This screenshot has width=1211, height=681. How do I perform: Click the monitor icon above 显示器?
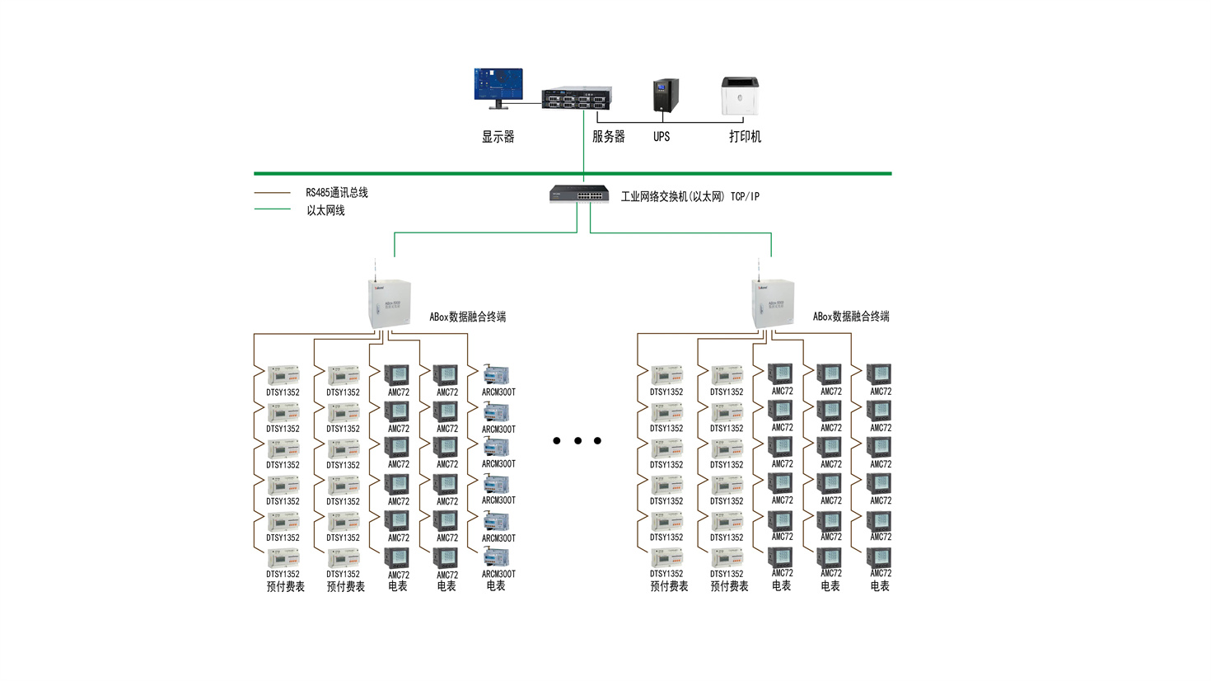[x=498, y=86]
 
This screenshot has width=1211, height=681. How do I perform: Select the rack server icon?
[x=577, y=98]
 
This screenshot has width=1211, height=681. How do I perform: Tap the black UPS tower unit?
[x=666, y=96]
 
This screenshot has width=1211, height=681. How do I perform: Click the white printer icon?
[x=740, y=96]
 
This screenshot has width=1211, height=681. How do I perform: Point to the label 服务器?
[x=608, y=137]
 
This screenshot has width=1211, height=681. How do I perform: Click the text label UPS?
[x=662, y=137]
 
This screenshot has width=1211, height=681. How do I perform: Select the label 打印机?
[x=745, y=137]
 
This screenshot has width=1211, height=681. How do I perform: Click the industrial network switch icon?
[x=579, y=194]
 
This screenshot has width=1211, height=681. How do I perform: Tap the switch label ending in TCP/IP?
[x=690, y=197]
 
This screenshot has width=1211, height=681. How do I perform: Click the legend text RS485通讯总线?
[x=337, y=193]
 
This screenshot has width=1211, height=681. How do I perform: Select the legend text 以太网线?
[x=325, y=211]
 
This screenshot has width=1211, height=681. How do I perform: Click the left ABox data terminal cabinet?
[x=389, y=303]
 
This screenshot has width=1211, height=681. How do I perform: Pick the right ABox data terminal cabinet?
[x=773, y=303]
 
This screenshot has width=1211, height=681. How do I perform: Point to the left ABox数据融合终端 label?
[x=467, y=317]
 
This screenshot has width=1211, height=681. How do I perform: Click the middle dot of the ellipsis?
[x=577, y=441]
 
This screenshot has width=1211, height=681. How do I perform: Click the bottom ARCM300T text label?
[x=498, y=575]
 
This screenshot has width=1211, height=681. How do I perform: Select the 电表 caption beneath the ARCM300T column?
[x=496, y=586]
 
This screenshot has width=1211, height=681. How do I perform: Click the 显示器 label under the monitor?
[x=498, y=137]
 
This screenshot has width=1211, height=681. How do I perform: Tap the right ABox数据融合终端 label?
[x=851, y=317]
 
